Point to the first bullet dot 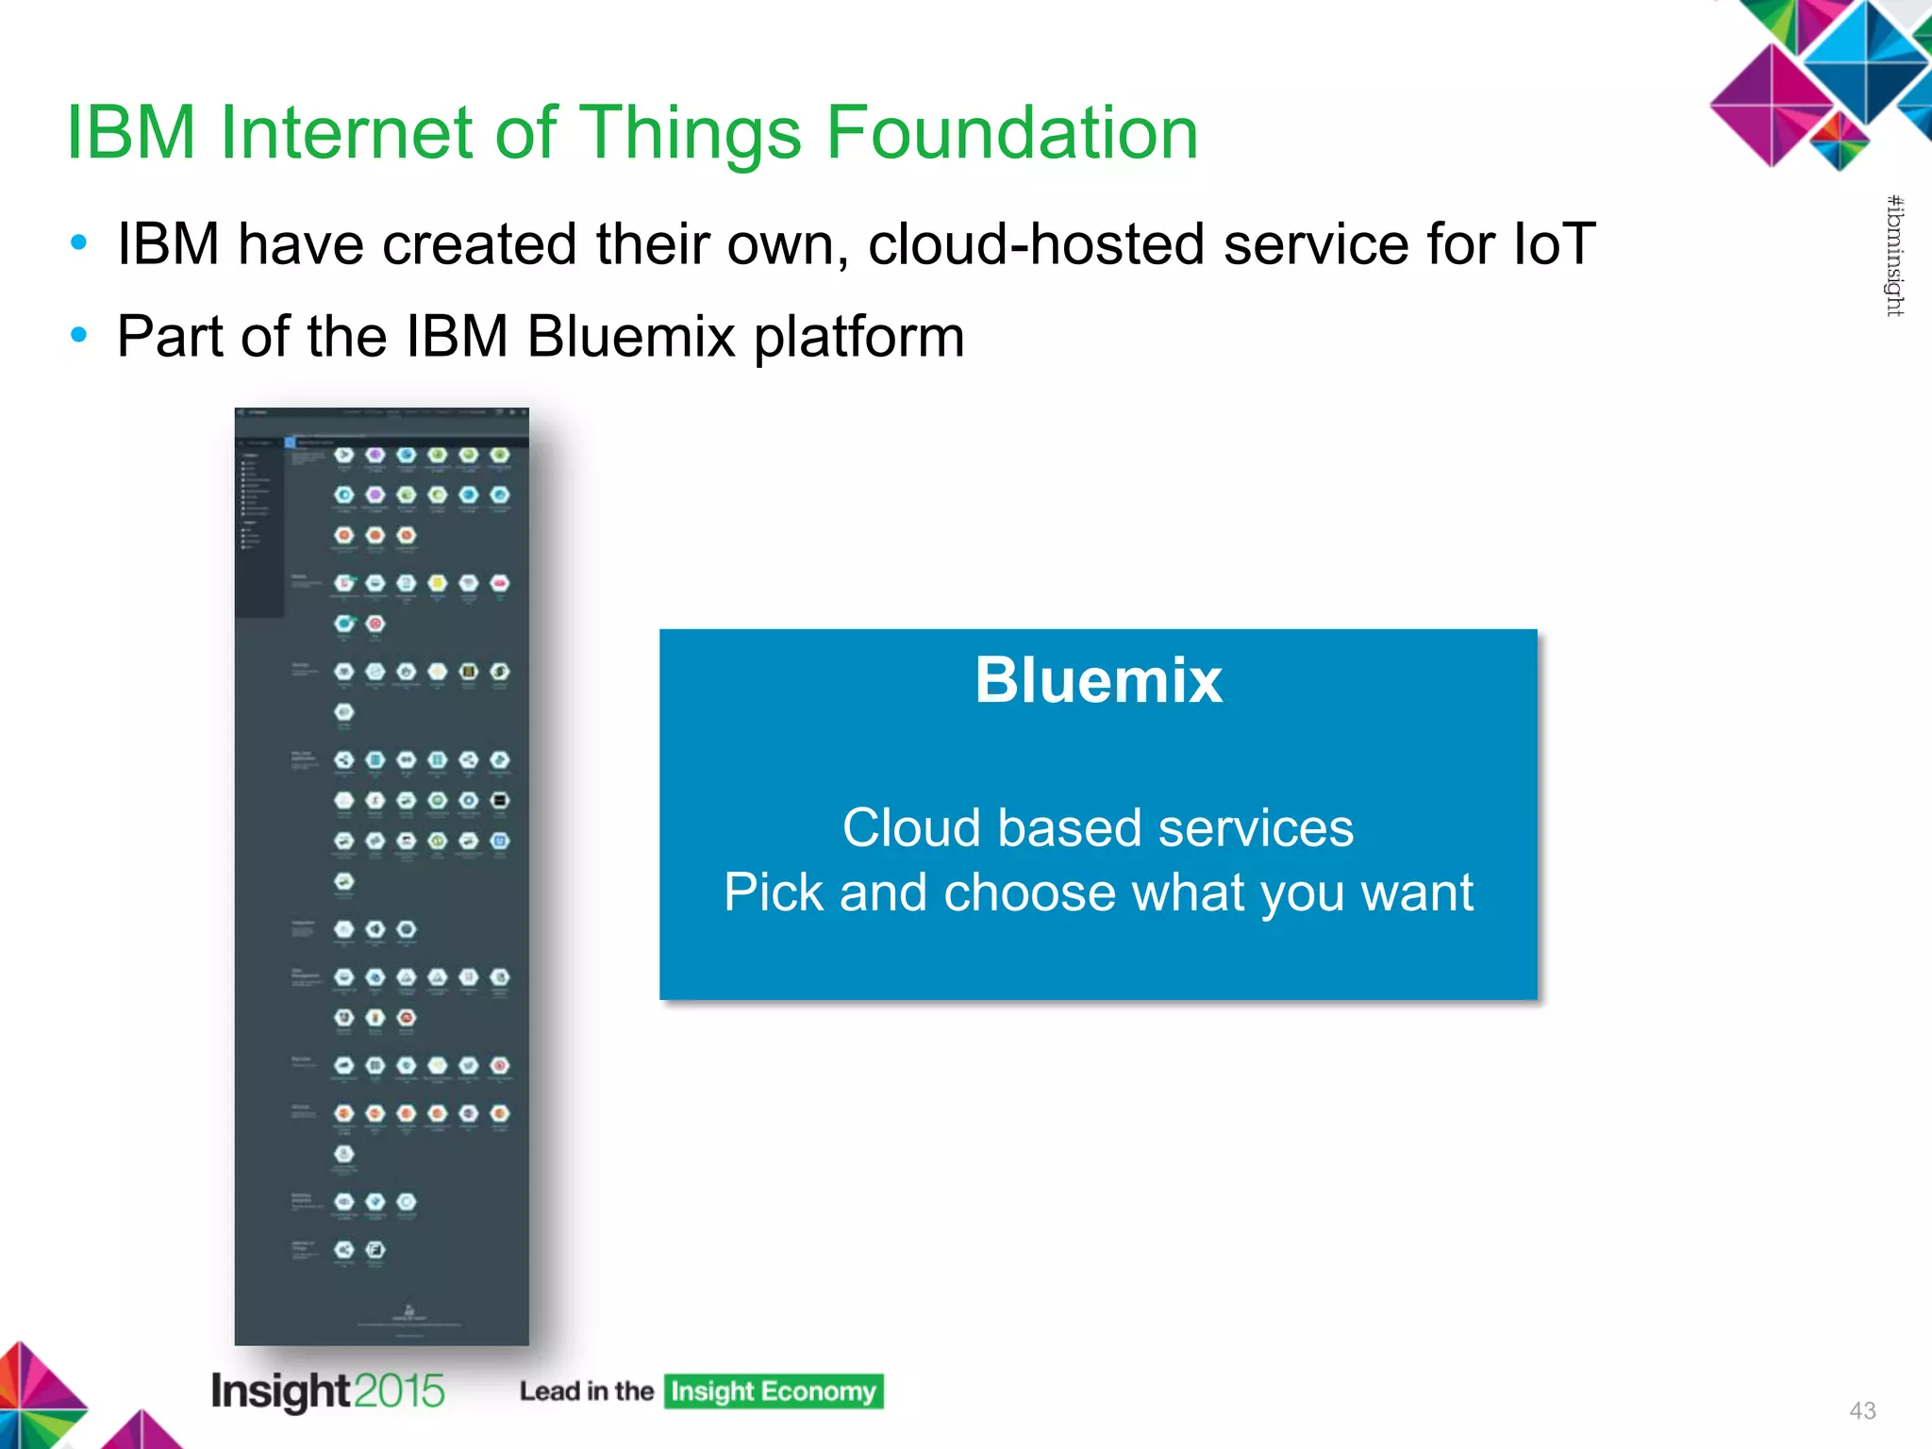pyautogui.click(x=79, y=243)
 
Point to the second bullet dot pyautogui.click(x=79, y=335)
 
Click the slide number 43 pyautogui.click(x=1862, y=1410)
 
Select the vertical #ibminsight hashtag pyautogui.click(x=1894, y=256)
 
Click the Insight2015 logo pyautogui.click(x=327, y=1391)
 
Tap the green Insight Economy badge pyautogui.click(x=774, y=1391)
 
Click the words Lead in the pyautogui.click(x=586, y=1391)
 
